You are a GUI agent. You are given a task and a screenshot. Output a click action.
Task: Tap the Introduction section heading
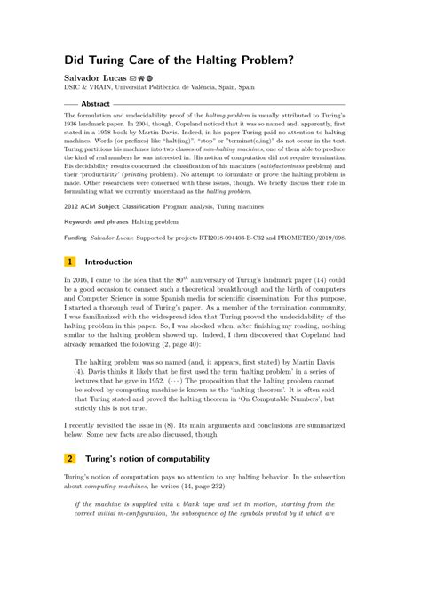click(108, 262)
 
